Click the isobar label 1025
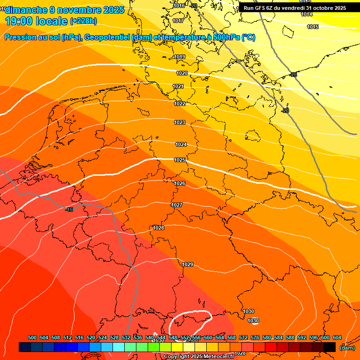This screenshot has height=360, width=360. point(180,160)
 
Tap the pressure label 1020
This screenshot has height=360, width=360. point(182,74)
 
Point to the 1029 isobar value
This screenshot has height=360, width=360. point(187,265)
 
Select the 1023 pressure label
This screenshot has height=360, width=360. point(180,123)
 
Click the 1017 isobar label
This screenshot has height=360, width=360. point(178,21)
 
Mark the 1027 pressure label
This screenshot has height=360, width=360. point(177,205)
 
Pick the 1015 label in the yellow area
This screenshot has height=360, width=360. point(313,27)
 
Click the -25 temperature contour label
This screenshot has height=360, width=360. point(293,75)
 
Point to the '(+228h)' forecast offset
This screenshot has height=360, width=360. point(83,21)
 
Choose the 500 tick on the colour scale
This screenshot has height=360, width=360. point(32,337)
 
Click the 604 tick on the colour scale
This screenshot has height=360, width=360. point(337,337)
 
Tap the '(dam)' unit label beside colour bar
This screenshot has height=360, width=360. point(347,348)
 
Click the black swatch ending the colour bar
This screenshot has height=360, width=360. point(330,347)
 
